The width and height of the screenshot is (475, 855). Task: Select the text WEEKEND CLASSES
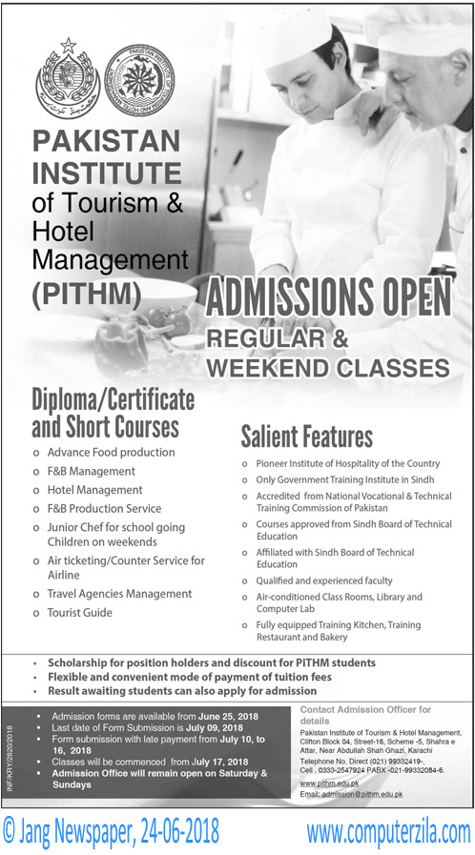point(327,367)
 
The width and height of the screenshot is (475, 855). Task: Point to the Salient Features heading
point(306,438)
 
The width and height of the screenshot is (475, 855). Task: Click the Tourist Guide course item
point(79,613)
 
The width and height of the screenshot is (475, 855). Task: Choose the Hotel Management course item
point(94,490)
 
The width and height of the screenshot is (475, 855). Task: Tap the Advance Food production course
point(111,452)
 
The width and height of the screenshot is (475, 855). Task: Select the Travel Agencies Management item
point(119,594)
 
